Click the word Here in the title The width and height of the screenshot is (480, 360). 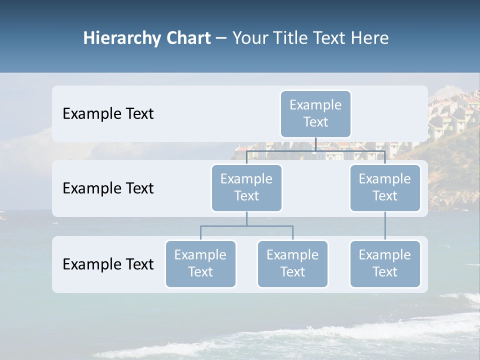370,38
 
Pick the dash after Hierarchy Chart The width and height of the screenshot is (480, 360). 221,38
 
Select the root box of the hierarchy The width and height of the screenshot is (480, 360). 315,113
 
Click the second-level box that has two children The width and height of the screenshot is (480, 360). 246,187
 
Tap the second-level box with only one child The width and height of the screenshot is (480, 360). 385,187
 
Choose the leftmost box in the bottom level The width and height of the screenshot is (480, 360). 200,263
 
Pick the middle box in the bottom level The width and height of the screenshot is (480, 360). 292,263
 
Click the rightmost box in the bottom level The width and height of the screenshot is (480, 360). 385,263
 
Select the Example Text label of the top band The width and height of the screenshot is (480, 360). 108,114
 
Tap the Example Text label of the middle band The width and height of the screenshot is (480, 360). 108,188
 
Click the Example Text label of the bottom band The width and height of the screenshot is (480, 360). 108,264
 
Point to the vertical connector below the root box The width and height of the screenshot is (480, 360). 315,144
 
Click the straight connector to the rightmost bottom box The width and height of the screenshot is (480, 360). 385,226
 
